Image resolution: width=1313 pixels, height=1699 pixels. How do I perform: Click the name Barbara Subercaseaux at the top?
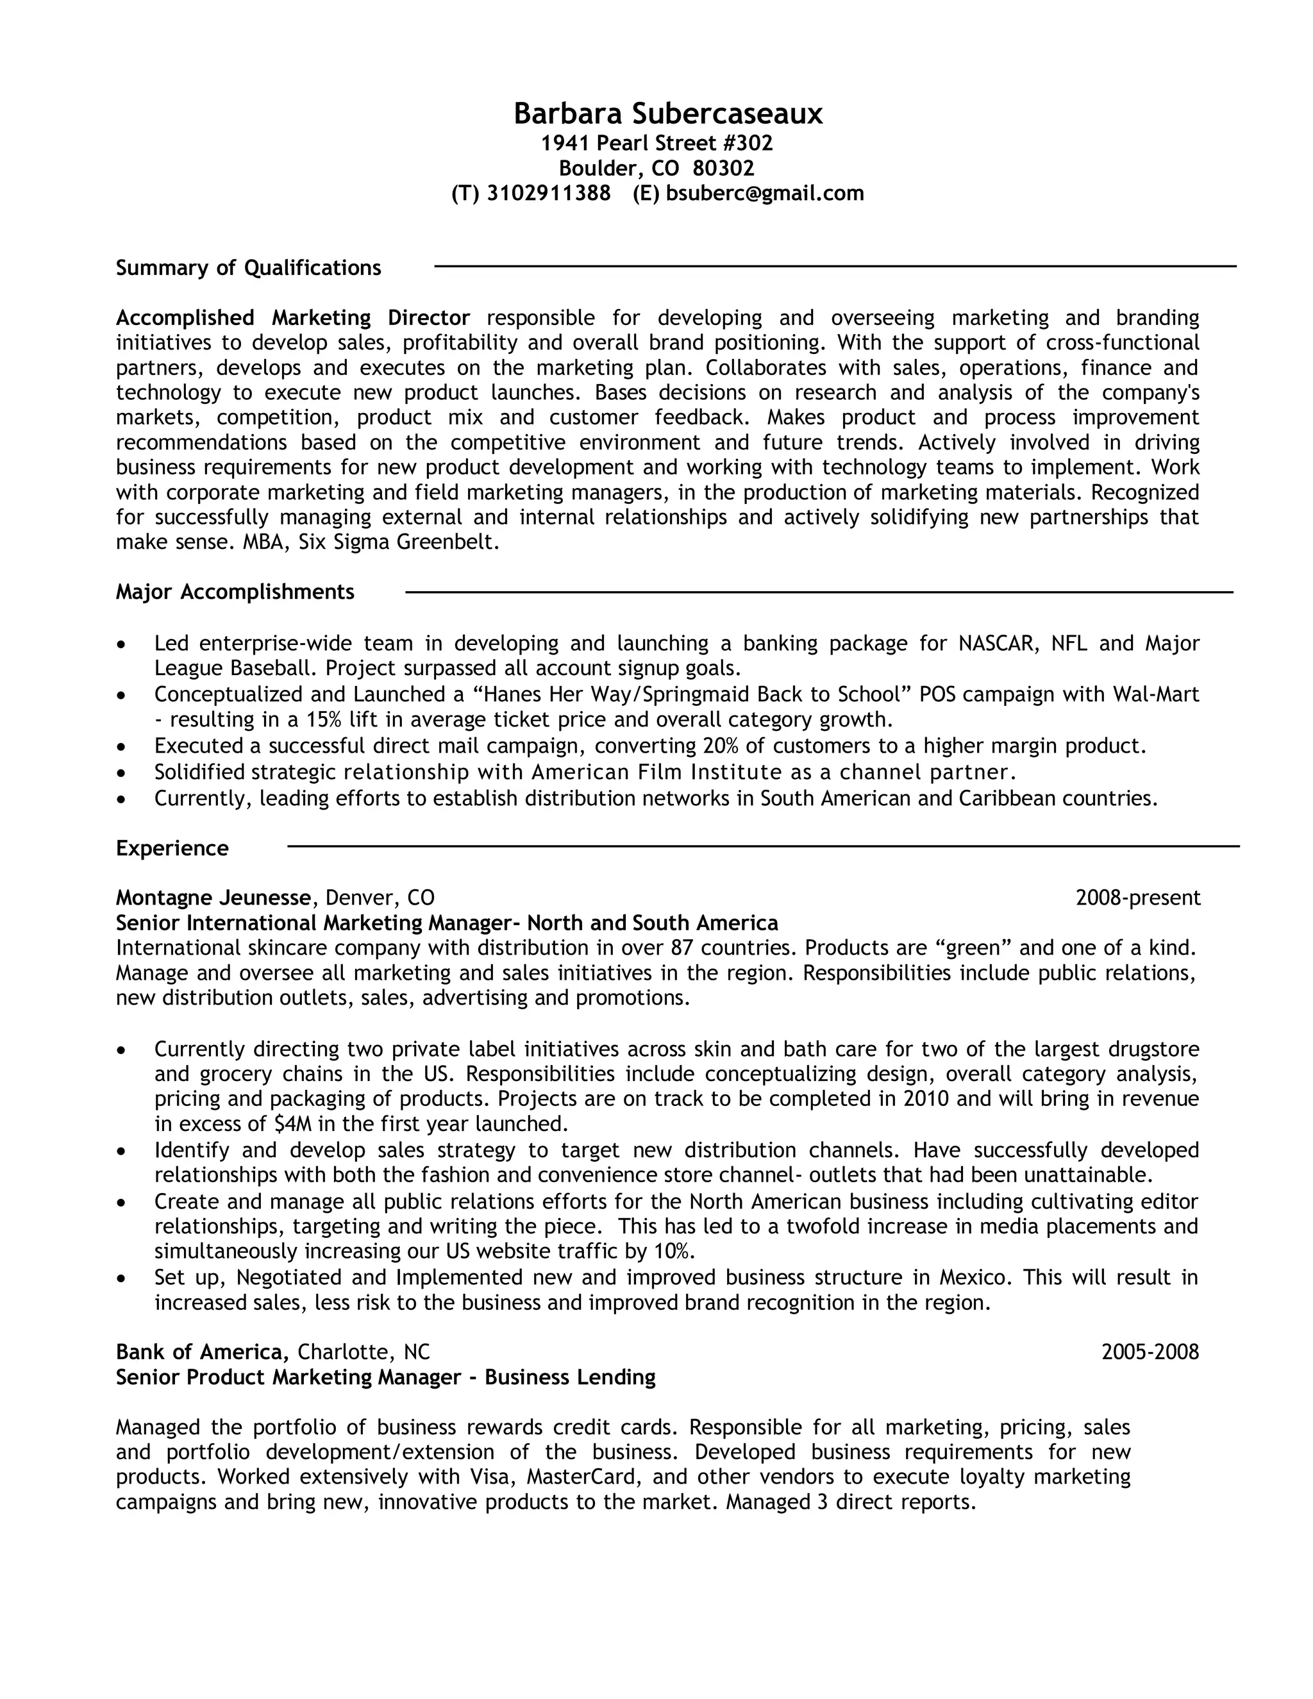(667, 114)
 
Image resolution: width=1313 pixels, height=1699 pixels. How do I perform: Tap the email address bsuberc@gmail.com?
(765, 194)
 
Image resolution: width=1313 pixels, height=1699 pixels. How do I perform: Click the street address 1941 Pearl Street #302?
(656, 143)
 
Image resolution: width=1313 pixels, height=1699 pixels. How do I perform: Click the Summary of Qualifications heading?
(248, 269)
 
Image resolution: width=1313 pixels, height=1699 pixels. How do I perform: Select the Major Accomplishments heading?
(235, 592)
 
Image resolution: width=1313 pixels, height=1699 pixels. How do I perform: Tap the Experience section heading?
(172, 848)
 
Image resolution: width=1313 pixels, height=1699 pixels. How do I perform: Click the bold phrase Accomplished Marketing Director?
(292, 318)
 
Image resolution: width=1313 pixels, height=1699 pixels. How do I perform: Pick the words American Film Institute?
(656, 773)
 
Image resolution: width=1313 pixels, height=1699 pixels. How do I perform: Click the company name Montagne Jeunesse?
(213, 898)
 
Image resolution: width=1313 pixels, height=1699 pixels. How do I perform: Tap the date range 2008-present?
(1137, 898)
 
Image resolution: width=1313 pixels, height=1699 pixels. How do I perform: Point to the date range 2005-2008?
(1150, 1352)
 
